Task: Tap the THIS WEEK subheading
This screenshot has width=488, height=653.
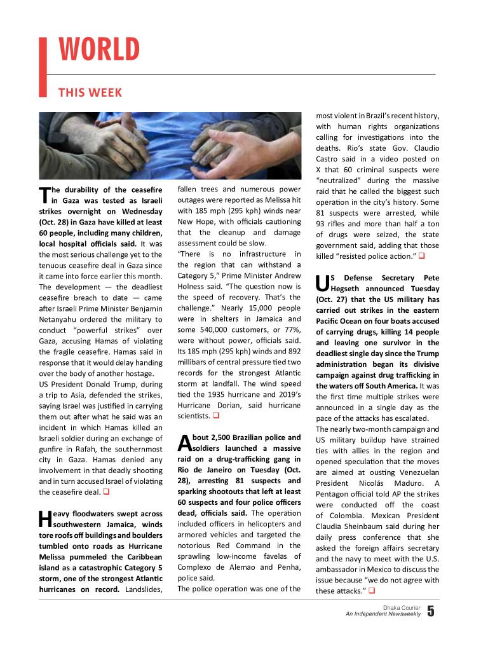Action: tap(90, 93)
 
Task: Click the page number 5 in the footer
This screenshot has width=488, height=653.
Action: tap(430, 612)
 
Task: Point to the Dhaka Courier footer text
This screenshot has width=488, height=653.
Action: tap(402, 608)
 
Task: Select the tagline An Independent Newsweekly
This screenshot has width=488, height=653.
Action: tap(383, 615)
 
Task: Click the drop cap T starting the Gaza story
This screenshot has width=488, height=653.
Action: tap(44, 195)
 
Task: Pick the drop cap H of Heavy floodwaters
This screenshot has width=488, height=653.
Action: tap(44, 519)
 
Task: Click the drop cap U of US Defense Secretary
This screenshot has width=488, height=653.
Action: tap(322, 284)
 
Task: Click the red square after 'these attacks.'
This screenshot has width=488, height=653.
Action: tap(371, 591)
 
